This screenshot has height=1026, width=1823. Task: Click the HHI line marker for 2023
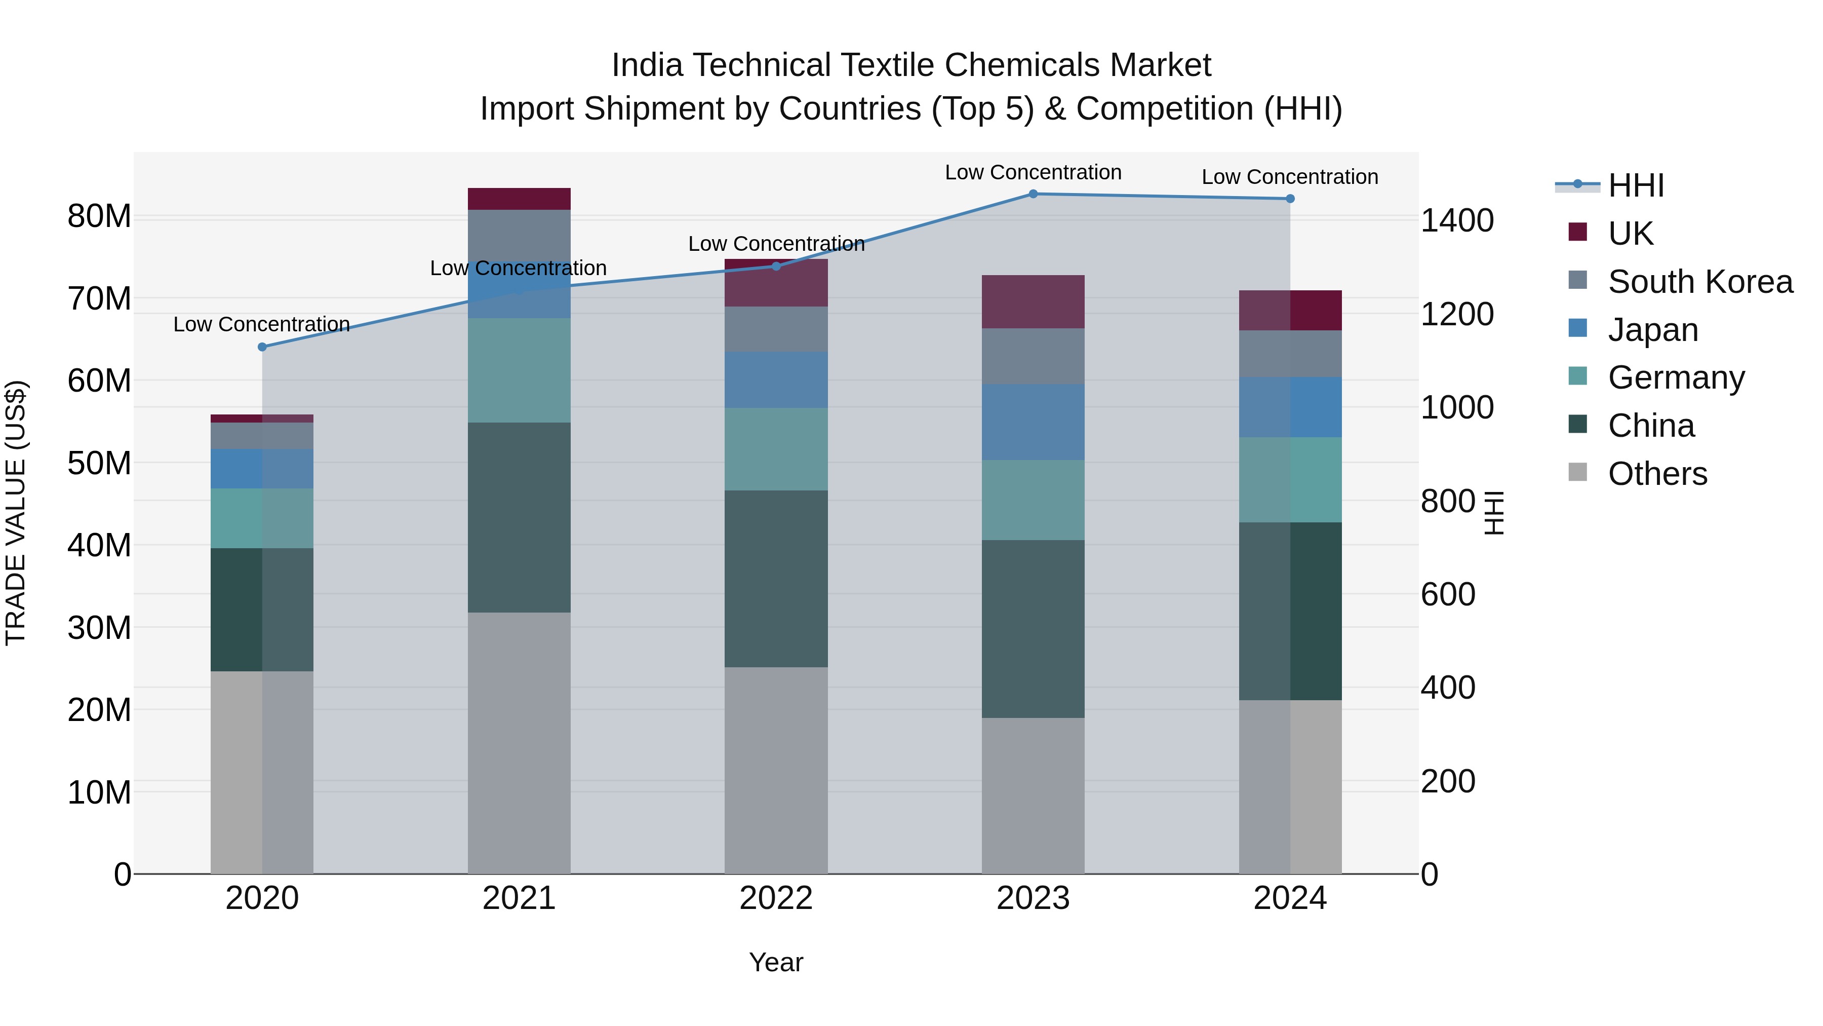click(1033, 194)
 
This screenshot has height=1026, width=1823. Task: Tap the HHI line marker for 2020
click(262, 347)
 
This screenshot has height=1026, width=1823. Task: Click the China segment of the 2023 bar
click(1033, 629)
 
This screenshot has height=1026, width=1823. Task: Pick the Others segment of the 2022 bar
click(776, 770)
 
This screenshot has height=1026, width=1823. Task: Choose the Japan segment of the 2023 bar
click(1033, 422)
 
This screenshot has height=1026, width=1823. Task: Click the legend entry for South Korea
click(1700, 281)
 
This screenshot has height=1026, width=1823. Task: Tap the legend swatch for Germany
click(1577, 376)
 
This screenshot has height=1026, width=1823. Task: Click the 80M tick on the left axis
click(99, 216)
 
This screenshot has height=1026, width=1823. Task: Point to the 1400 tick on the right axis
click(1456, 220)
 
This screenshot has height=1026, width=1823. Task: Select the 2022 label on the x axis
click(776, 898)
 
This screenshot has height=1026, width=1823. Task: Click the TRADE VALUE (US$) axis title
click(16, 513)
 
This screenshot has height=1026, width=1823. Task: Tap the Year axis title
click(776, 962)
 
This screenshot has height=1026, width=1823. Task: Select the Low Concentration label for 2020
click(262, 324)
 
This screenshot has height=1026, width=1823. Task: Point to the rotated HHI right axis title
click(1493, 513)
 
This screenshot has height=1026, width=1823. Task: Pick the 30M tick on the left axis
click(99, 627)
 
